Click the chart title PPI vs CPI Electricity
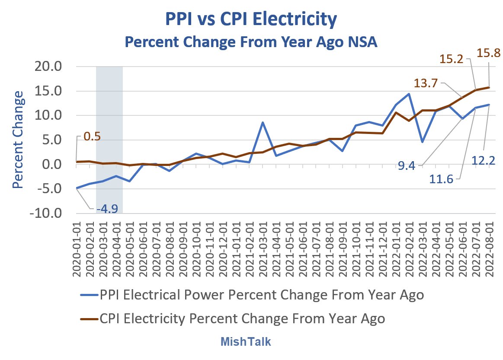(251, 19)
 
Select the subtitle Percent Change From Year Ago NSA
(251, 43)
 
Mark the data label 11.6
(442, 178)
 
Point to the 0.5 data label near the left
(91, 137)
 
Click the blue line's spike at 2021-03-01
(263, 122)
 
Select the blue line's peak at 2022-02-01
(409, 94)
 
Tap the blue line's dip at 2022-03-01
(422, 142)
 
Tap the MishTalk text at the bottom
(246, 341)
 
